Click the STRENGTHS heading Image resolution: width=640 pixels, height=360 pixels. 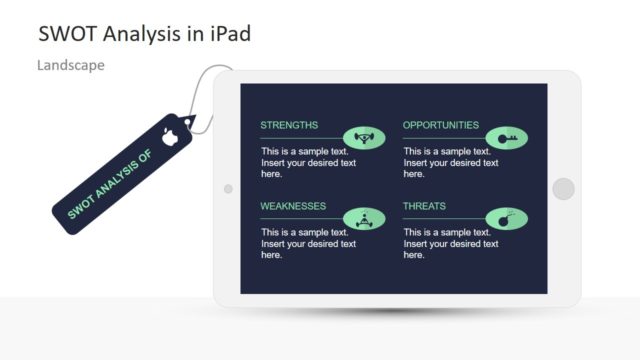click(x=289, y=126)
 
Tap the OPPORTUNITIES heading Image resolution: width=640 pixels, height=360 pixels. click(x=440, y=126)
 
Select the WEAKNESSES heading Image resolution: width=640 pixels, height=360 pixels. click(x=293, y=207)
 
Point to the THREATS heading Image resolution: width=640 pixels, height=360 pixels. click(x=424, y=207)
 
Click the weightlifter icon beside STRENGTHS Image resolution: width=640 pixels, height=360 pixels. click(x=364, y=138)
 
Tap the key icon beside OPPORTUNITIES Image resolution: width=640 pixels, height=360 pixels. click(x=506, y=138)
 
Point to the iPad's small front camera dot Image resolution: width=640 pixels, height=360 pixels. click(x=228, y=188)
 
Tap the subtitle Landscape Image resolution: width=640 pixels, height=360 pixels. click(x=71, y=65)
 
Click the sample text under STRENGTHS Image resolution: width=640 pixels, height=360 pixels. click(x=308, y=161)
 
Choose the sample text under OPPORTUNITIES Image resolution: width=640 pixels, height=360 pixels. click(x=450, y=161)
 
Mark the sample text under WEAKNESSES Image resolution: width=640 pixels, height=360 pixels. click(x=308, y=243)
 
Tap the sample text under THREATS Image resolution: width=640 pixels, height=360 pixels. click(x=450, y=243)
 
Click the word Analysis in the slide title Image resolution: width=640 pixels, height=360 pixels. click(x=140, y=34)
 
